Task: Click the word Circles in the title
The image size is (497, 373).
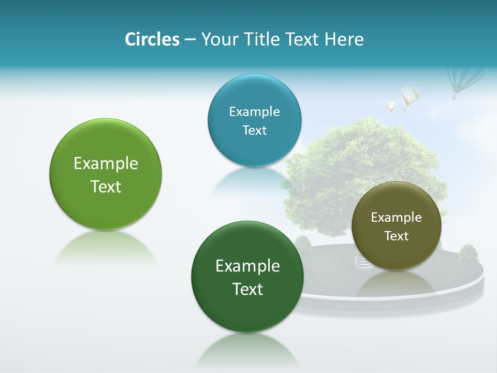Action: click(152, 39)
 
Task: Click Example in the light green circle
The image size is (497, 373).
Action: click(106, 164)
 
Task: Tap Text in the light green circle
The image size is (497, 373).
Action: click(106, 187)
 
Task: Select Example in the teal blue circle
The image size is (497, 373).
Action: click(254, 112)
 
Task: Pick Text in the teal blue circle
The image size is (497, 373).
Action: click(254, 130)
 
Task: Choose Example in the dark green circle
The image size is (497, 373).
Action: click(247, 266)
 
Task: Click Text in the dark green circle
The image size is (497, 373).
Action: click(247, 289)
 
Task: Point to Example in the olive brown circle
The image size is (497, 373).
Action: click(396, 218)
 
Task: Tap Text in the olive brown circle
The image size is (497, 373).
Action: click(396, 236)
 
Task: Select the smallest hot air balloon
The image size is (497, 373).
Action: click(390, 107)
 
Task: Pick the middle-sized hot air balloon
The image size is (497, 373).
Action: click(409, 96)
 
